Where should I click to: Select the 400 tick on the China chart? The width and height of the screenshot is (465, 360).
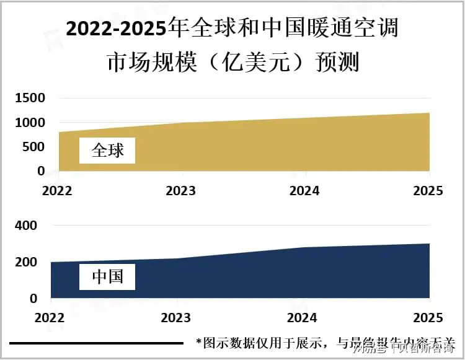27,226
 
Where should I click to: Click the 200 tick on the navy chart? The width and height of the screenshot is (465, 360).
27,262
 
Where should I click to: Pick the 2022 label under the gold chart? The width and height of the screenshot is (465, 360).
57,190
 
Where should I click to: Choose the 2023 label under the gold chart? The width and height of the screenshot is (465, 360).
180,190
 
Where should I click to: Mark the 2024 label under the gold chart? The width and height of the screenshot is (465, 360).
304,190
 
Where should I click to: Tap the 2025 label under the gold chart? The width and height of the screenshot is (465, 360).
428,190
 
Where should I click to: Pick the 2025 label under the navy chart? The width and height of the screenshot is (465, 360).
428,318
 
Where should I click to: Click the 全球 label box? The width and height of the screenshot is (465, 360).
107,151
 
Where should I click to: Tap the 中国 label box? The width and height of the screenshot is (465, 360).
107,276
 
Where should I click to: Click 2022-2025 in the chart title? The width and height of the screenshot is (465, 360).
118,29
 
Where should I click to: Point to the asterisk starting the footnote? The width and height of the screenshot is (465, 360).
198,342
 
